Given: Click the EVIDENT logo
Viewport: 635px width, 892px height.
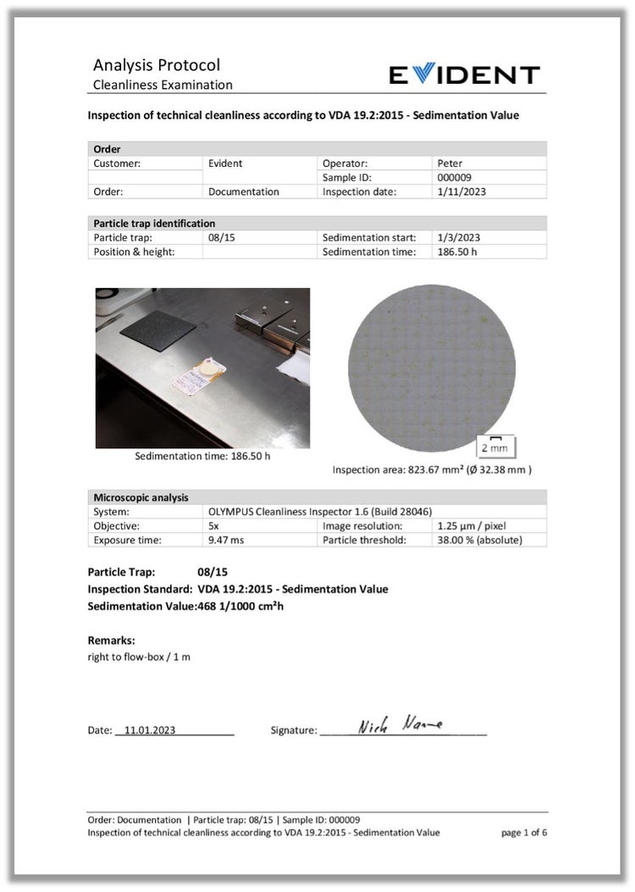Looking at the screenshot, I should click(x=464, y=75).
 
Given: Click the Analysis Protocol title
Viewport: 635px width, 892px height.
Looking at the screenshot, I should click(x=157, y=65).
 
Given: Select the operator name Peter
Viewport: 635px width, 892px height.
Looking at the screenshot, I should click(x=450, y=163).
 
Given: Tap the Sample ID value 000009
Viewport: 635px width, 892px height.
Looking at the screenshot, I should click(x=454, y=178).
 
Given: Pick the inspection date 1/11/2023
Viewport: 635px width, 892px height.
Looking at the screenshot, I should click(x=461, y=192).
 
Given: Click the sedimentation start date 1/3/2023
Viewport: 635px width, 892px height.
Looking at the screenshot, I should click(x=458, y=238).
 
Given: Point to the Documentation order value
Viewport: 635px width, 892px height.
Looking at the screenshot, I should click(x=244, y=192).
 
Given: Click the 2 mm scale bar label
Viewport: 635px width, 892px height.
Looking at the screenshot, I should click(x=494, y=447).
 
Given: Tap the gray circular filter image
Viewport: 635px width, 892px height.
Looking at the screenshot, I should click(x=431, y=368).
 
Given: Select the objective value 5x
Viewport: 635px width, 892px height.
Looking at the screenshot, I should click(x=214, y=526).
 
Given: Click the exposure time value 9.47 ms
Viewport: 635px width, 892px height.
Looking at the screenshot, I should click(x=226, y=540).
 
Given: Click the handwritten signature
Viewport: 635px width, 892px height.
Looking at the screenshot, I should click(x=400, y=726).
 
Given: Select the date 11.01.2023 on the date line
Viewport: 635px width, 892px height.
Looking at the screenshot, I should click(x=150, y=730).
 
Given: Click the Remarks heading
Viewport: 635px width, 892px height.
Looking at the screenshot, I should click(x=112, y=640).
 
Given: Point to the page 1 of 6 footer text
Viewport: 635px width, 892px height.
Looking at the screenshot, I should click(x=524, y=833).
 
